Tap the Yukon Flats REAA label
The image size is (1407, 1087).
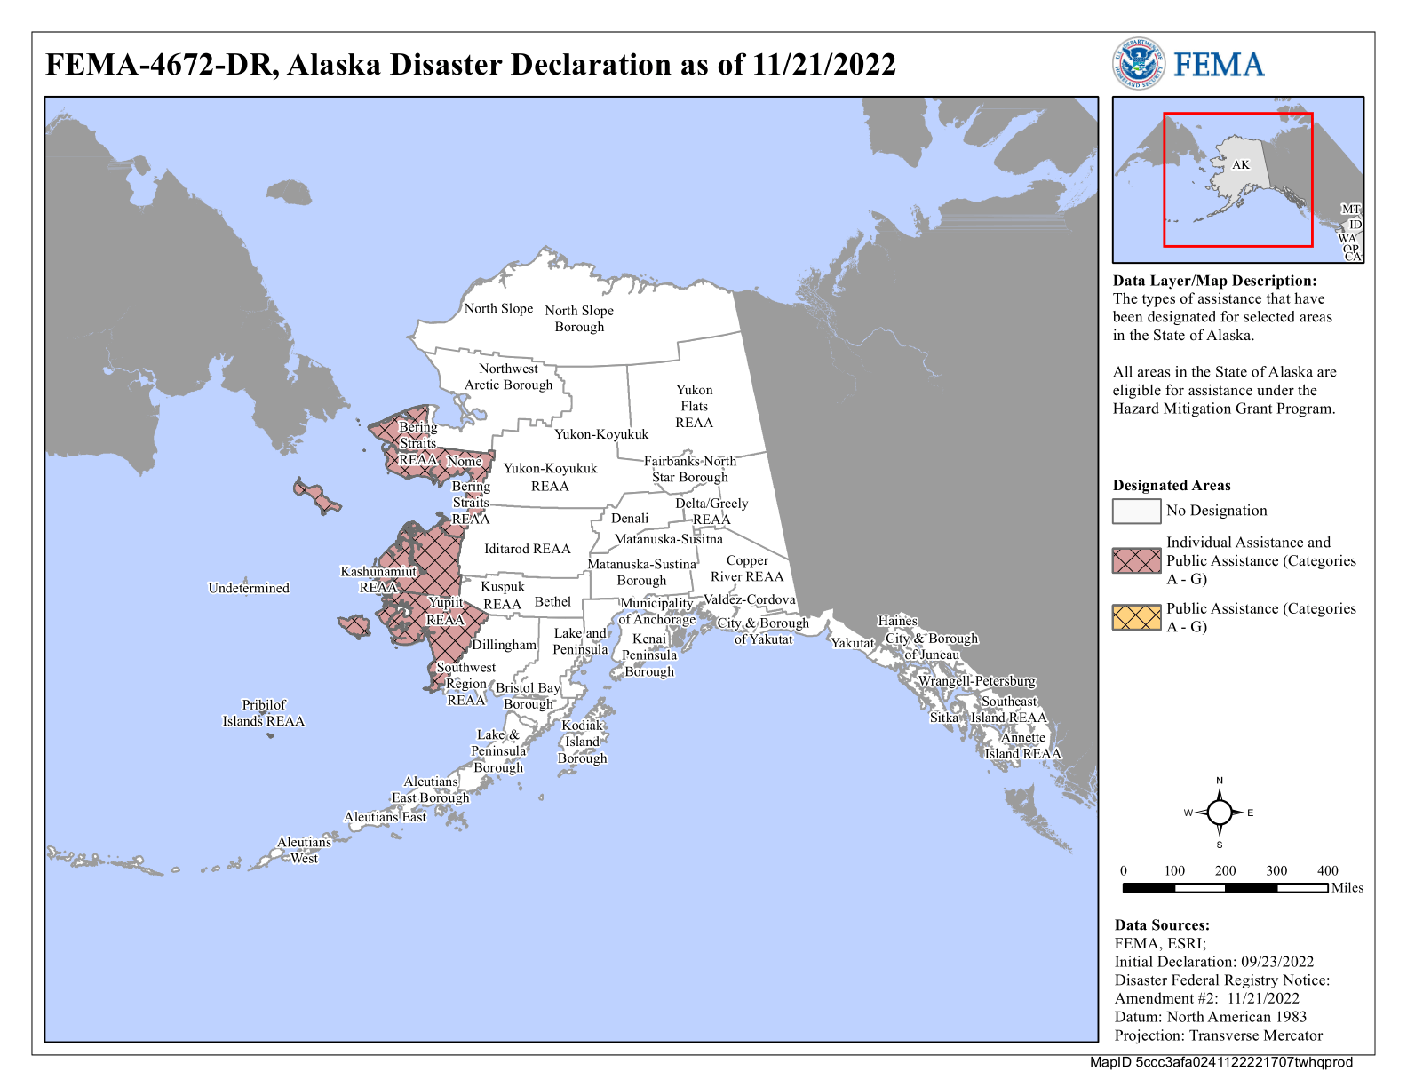(694, 406)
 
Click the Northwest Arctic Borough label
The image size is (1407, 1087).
(508, 377)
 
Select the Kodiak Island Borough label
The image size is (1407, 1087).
(582, 742)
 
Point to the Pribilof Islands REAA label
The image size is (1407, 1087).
(264, 712)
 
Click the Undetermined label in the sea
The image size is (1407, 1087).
(249, 588)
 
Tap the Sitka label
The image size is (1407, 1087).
(943, 718)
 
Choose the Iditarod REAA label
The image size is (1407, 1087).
(527, 549)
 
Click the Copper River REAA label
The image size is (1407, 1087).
(747, 568)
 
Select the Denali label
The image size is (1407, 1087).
(630, 518)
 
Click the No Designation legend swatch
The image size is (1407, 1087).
(1136, 511)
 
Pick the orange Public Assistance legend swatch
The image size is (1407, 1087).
(1136, 617)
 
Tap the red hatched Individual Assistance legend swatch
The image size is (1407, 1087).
(1136, 560)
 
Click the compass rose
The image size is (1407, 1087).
(1220, 813)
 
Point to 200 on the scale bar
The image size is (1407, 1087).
(1225, 870)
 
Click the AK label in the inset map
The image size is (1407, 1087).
(1241, 165)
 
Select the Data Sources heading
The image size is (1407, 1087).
(1162, 925)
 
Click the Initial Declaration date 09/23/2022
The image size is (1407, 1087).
(1276, 962)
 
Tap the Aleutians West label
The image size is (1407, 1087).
(304, 850)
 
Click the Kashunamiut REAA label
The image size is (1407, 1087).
(378, 579)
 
